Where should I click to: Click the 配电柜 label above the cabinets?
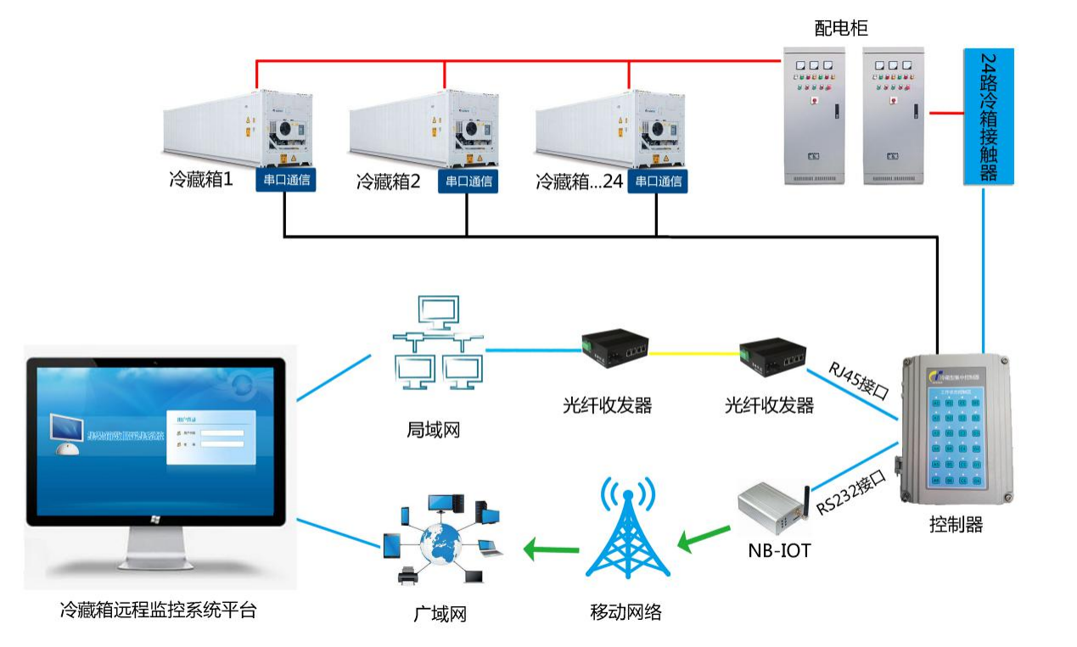(841, 29)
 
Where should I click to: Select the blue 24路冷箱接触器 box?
(988, 117)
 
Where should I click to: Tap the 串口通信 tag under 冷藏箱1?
(286, 180)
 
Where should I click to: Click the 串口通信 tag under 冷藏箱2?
(468, 181)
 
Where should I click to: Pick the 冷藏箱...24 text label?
(580, 181)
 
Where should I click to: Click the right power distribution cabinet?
(895, 115)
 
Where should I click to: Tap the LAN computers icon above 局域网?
(438, 343)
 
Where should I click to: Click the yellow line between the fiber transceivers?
(694, 352)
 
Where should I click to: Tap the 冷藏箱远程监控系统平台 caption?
(158, 610)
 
